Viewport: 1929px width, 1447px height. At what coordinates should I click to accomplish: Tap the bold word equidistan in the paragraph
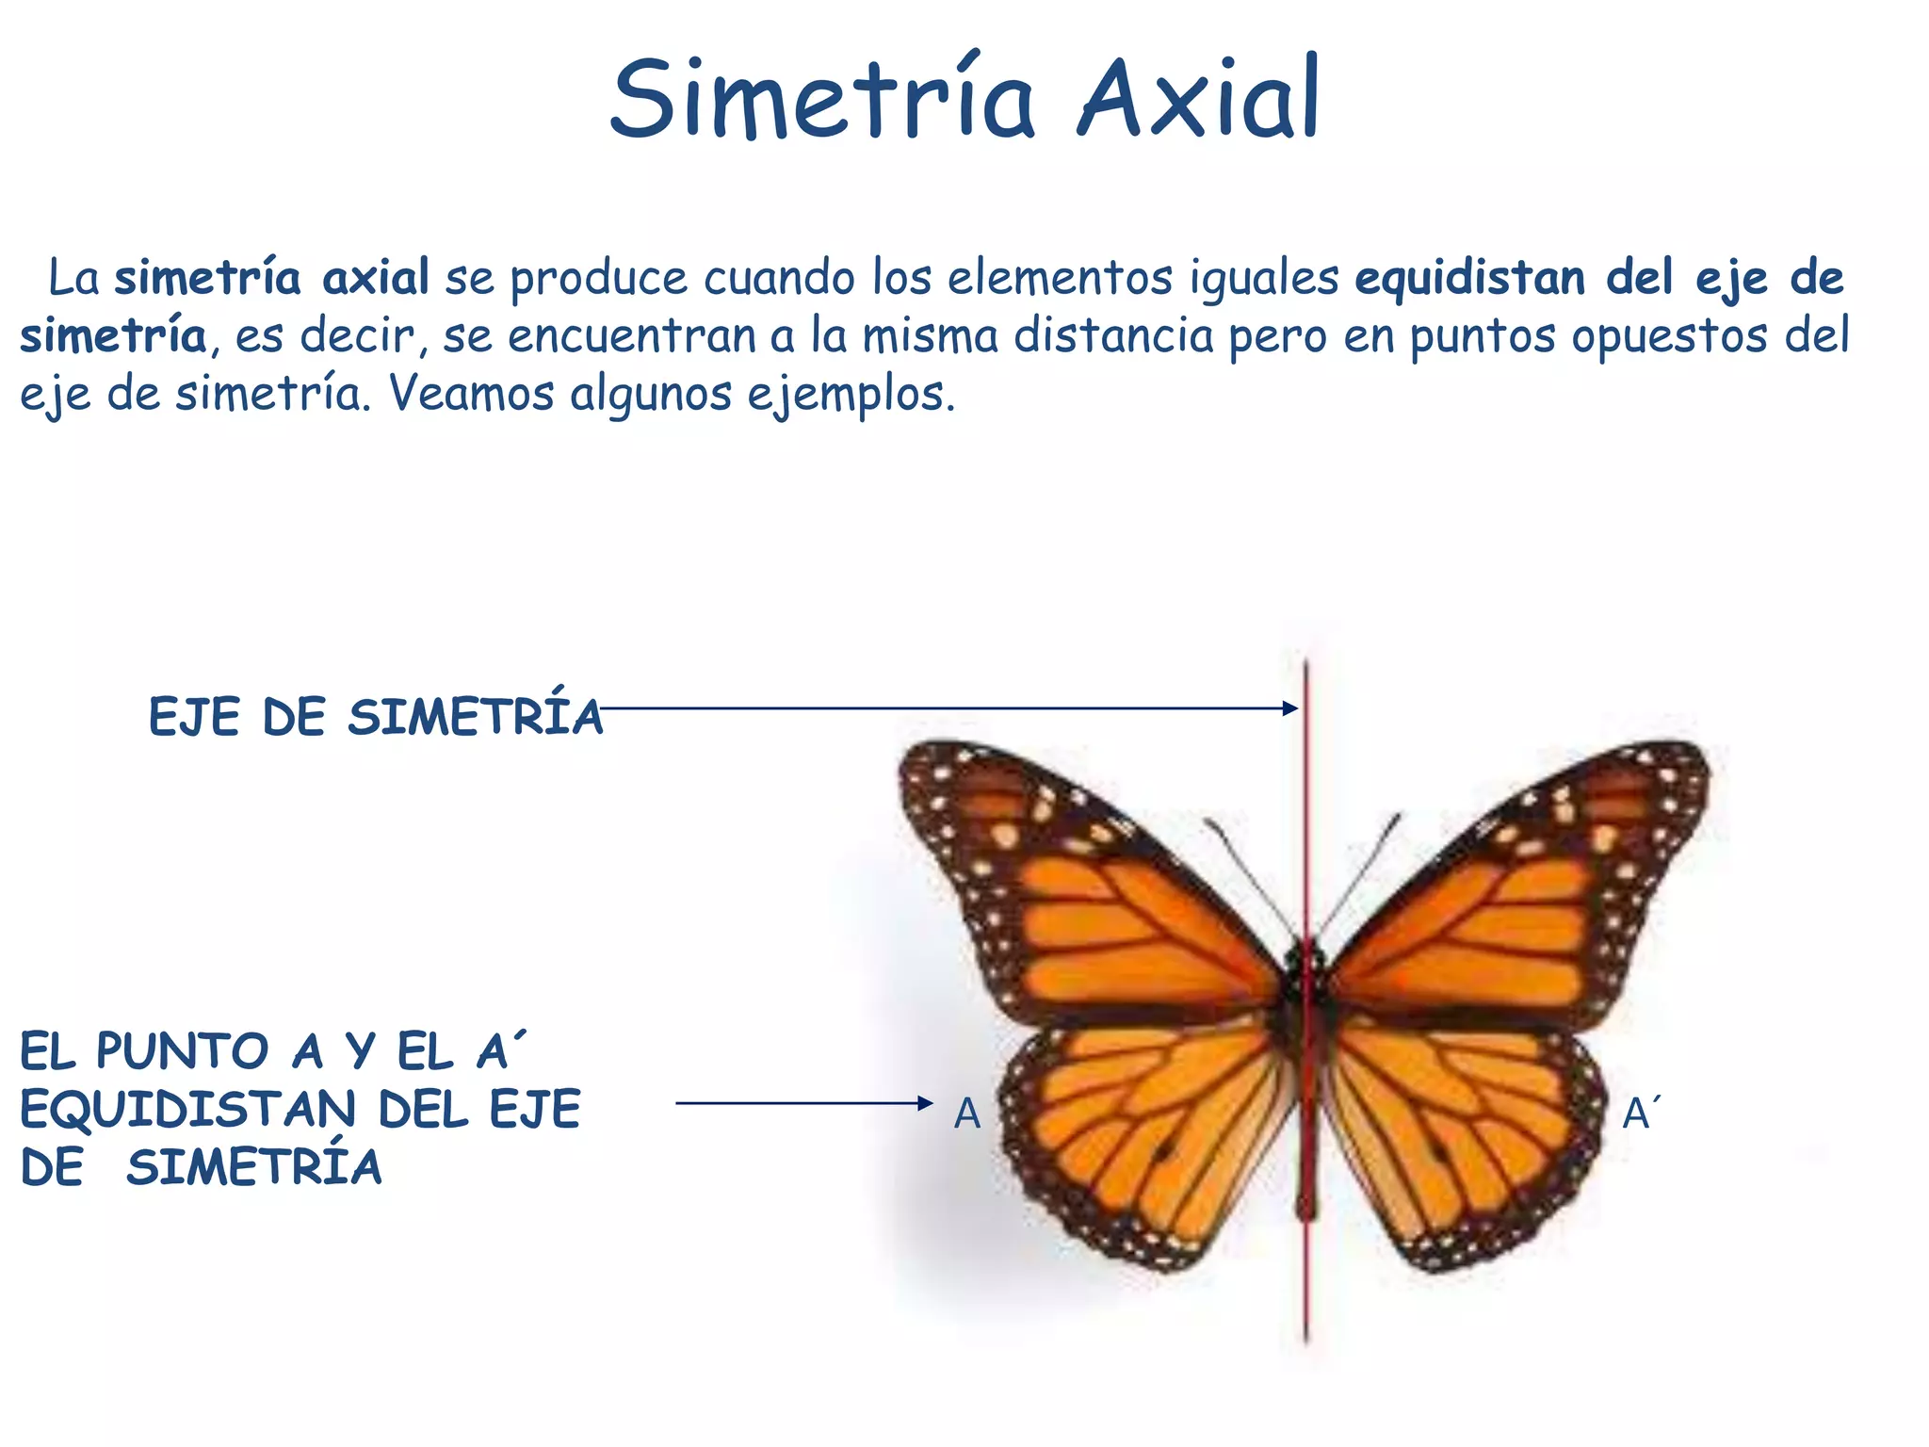1469,279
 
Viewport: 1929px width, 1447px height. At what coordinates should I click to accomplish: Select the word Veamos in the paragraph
471,394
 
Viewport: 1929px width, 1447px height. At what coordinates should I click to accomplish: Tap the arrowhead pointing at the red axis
1290,708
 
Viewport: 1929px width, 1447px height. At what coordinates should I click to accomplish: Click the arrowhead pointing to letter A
925,1103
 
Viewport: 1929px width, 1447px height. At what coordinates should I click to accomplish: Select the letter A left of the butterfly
967,1114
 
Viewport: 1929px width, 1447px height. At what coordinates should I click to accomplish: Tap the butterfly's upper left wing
1083,895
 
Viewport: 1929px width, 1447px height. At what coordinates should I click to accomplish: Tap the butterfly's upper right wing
1526,895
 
